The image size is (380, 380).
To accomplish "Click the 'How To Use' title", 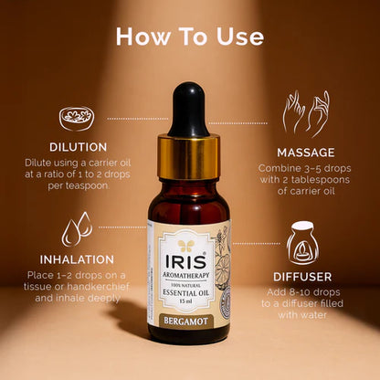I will tap(190, 37).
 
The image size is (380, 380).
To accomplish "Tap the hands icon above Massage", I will tap(305, 113).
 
